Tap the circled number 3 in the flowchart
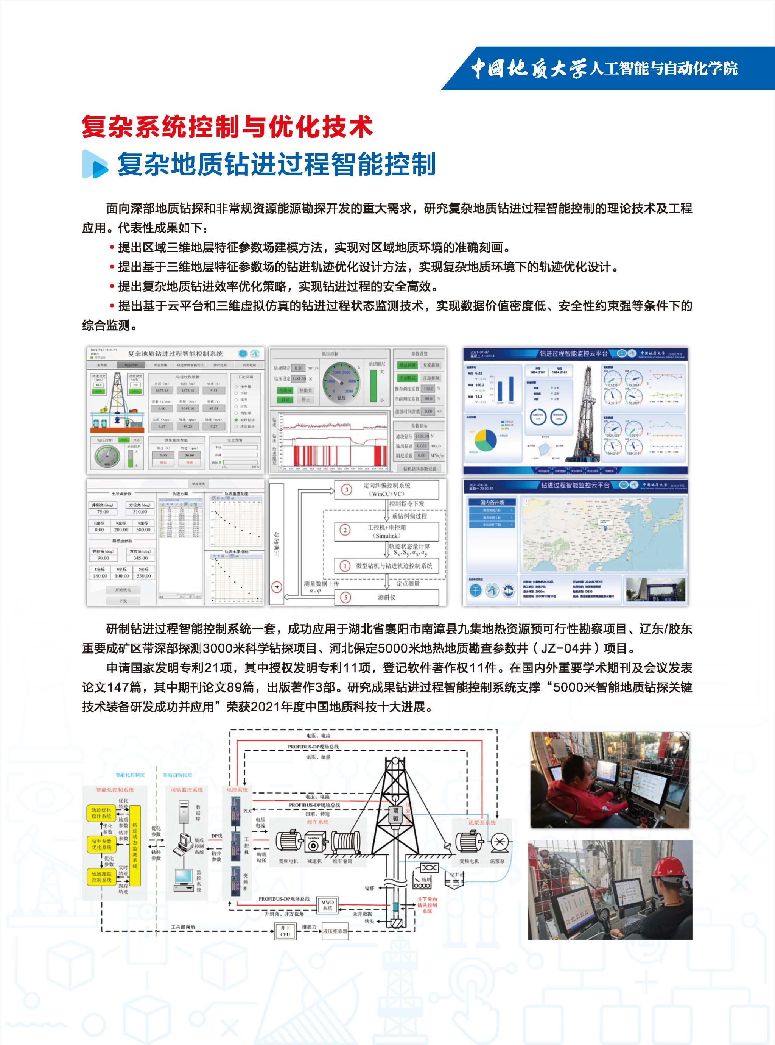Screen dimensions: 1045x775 tap(347, 490)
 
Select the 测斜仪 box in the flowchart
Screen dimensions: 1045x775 tap(387, 597)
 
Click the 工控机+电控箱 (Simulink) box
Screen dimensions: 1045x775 tap(387, 531)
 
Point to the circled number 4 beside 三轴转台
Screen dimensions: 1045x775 tap(277, 587)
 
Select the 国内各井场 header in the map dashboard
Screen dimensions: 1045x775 tap(492, 502)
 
